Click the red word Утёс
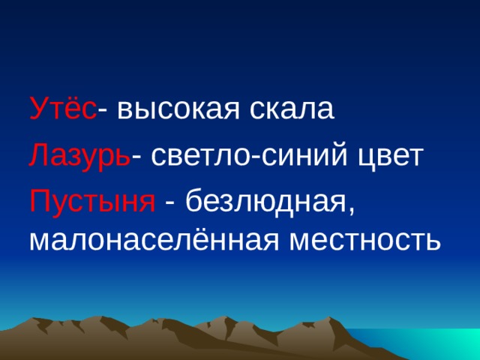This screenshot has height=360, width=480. click(x=62, y=111)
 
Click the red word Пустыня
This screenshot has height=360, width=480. click(x=91, y=201)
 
